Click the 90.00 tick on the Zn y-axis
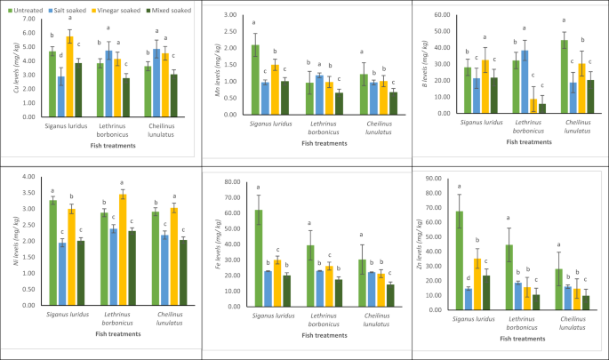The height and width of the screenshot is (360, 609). [x=433, y=178]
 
